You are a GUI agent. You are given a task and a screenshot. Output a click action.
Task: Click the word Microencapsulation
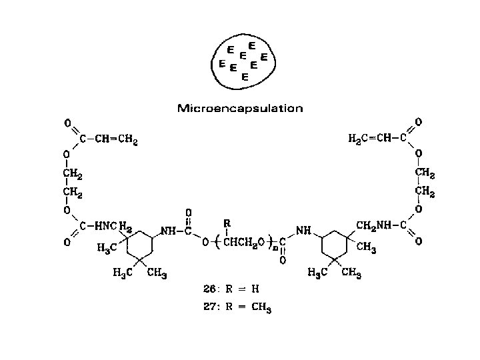240,107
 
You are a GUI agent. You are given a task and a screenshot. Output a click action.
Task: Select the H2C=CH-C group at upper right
378,139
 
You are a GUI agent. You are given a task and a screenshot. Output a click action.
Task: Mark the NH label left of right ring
304,231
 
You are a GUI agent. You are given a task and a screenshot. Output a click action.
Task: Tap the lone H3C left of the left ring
107,248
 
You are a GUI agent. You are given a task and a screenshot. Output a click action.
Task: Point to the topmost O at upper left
67,123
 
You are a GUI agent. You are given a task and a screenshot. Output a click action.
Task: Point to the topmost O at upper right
418,121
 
